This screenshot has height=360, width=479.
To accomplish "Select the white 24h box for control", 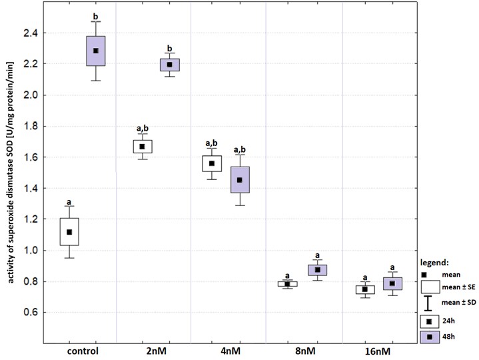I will (x=69, y=231).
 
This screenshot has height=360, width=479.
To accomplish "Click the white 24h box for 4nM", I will (x=212, y=163).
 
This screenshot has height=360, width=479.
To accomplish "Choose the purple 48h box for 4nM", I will (x=239, y=180).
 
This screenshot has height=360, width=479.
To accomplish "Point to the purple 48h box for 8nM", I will (x=317, y=269).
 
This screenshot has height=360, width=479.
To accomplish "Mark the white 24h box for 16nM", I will (x=364, y=289).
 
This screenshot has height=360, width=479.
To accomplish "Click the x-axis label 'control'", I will (x=83, y=351).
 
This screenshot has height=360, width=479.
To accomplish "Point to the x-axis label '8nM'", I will (x=303, y=351).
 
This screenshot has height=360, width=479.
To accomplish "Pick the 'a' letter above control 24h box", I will (x=69, y=203).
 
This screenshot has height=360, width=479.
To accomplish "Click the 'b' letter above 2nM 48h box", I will (x=169, y=48).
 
